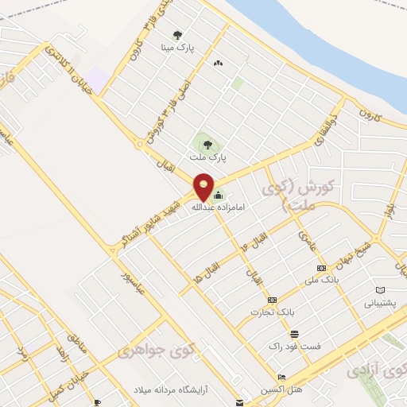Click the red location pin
204,186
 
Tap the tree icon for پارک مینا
177,35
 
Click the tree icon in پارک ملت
207,145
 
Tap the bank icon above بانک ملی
321,269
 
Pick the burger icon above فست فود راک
295,334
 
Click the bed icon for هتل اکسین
281,377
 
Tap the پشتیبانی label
379,304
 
